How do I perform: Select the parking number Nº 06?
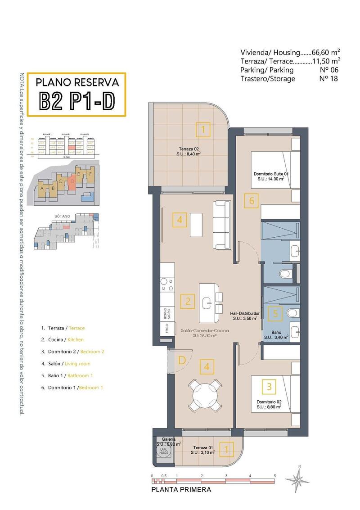(x=328, y=70)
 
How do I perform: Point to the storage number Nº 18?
(x=328, y=79)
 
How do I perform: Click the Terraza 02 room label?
(x=188, y=151)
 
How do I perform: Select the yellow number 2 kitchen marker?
(x=188, y=301)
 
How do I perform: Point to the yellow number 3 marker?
(x=269, y=386)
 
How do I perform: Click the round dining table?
(x=205, y=395)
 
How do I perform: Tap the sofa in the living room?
(x=221, y=224)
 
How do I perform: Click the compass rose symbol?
(x=297, y=479)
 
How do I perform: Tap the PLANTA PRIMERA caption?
(x=181, y=489)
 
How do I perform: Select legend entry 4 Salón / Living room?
(x=65, y=364)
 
